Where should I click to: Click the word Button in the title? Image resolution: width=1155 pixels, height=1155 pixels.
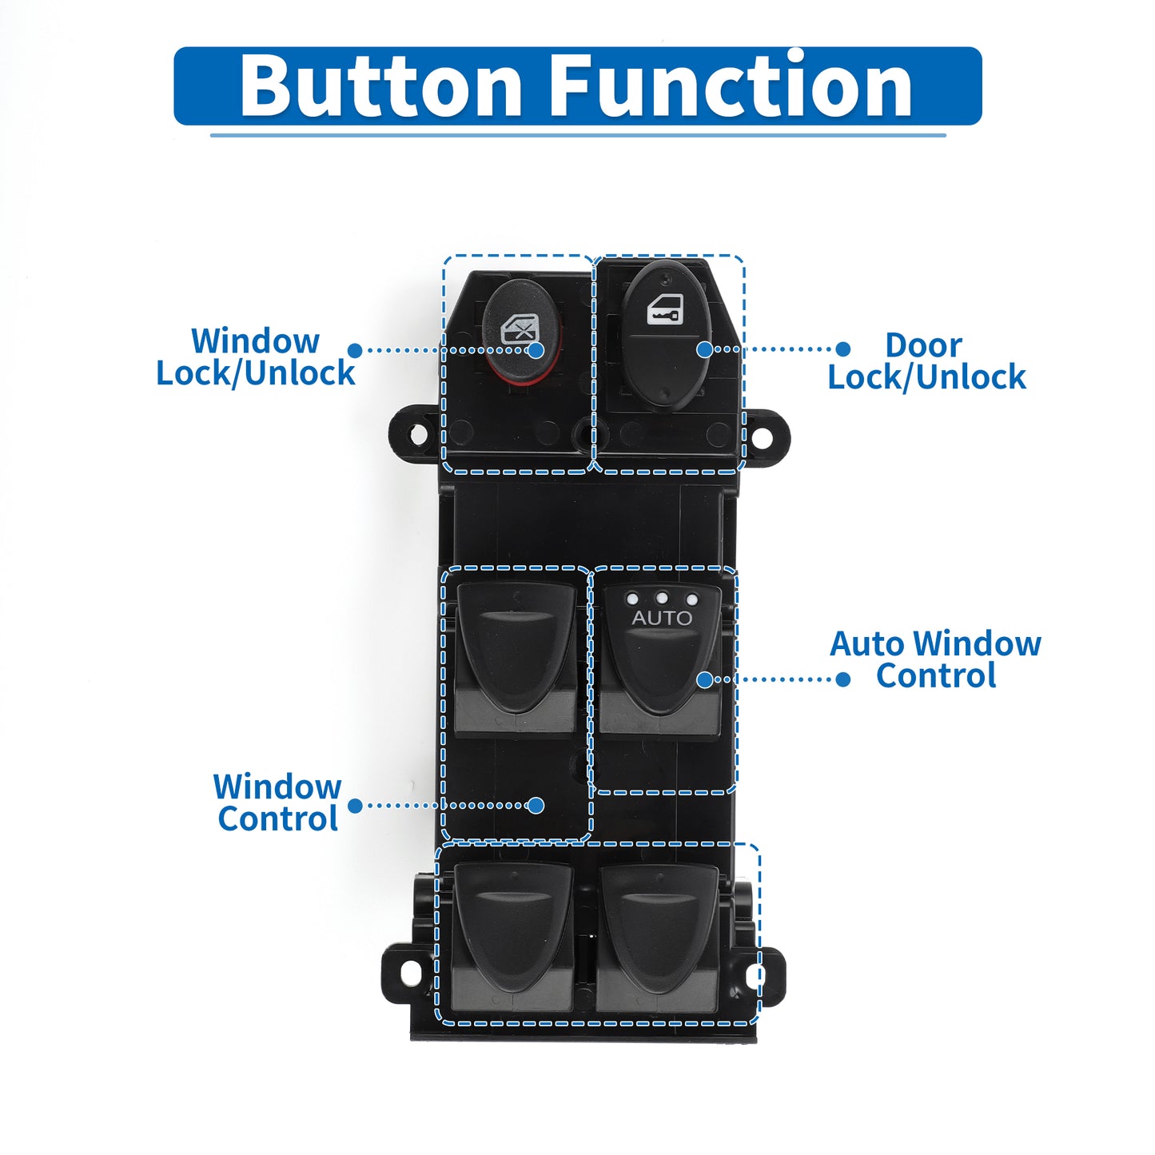381,85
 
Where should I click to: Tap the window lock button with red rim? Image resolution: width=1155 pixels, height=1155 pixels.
522,330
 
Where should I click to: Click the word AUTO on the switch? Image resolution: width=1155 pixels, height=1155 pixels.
662,618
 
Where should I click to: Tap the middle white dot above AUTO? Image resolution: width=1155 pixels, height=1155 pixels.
662,598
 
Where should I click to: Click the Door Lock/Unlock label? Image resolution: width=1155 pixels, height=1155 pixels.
926,360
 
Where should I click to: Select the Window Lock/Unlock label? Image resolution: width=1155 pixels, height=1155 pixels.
256,357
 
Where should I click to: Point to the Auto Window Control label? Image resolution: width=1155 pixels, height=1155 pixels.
936,659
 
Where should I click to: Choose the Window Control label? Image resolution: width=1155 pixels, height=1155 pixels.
277,803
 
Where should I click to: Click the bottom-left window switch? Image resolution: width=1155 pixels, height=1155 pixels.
512,938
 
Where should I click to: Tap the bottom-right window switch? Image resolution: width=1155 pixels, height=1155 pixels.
658,938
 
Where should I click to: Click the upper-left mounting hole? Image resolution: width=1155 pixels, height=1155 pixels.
418,433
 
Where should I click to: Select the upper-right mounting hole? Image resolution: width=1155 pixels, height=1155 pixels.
761,437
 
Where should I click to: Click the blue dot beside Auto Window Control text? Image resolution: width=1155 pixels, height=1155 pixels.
842,679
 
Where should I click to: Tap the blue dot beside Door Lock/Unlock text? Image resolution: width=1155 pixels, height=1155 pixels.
842,348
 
